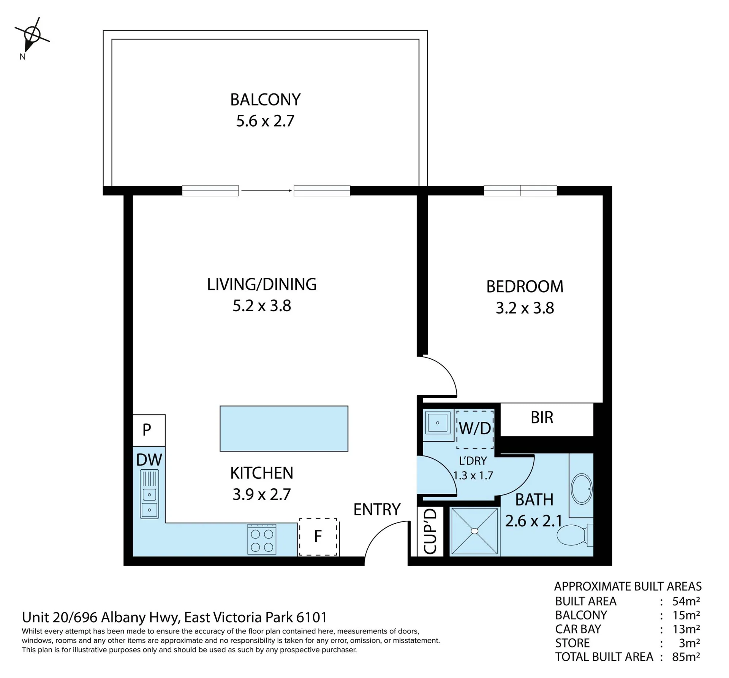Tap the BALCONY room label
tap(265, 100)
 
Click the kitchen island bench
tap(284, 428)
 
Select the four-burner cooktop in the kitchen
tap(262, 539)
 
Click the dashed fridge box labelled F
tap(318, 537)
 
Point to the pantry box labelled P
tap(149, 430)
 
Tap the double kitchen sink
tap(149, 494)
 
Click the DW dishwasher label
tap(149, 460)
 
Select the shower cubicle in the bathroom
tap(474, 531)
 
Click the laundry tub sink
tap(438, 423)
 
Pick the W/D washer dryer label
tap(475, 428)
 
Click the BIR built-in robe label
tap(542, 417)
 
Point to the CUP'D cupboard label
tap(430, 531)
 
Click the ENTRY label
tap(377, 509)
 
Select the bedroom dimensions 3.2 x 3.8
tap(525, 308)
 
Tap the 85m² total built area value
tap(686, 657)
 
